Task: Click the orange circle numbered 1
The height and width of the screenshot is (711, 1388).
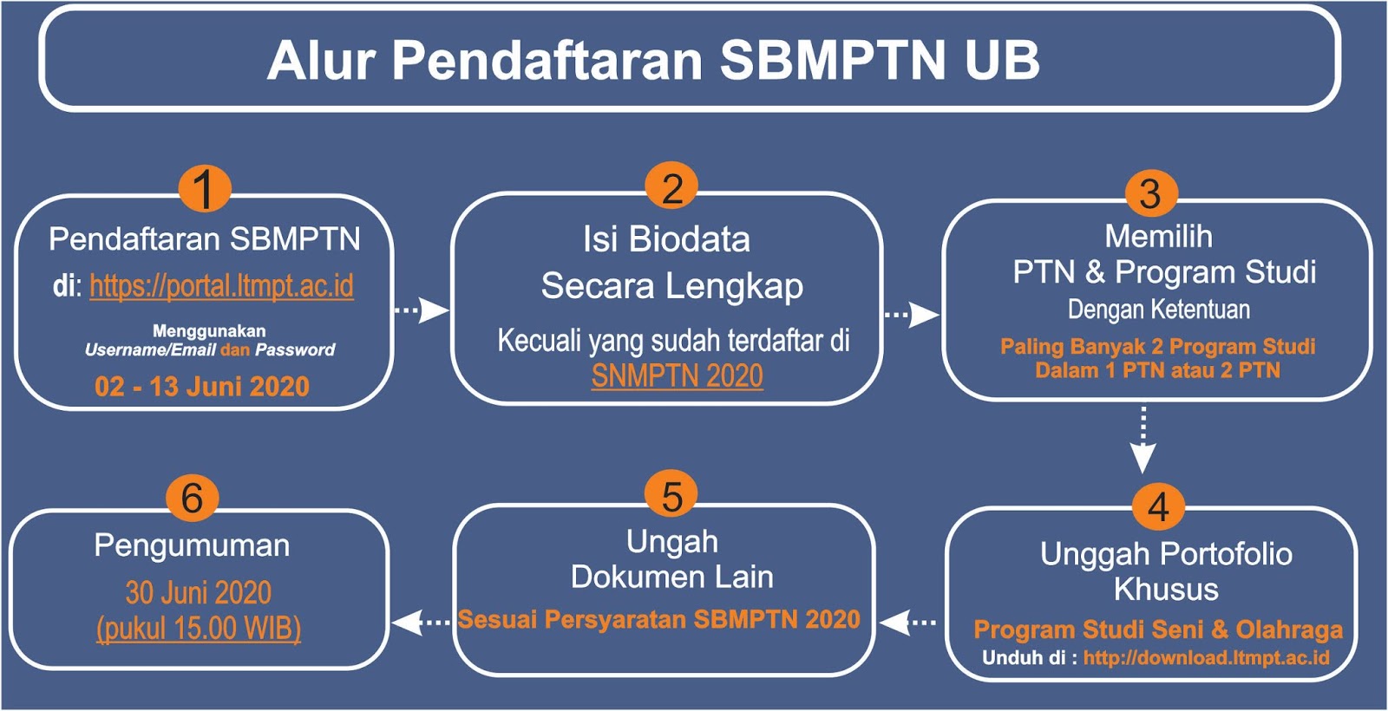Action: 204,188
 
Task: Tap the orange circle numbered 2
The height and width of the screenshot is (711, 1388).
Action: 671,186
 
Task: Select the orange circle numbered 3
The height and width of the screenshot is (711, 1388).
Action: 1149,193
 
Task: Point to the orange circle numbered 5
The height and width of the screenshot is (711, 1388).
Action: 671,495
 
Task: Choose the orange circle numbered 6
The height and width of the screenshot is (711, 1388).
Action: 192,497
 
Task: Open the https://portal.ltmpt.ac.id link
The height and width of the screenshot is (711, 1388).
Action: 221,286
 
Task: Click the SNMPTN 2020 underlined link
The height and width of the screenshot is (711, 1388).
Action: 677,376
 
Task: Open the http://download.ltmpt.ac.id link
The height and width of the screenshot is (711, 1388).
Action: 1206,658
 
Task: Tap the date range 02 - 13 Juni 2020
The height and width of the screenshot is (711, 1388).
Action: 202,386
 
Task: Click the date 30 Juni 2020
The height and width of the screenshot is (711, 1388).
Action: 199,592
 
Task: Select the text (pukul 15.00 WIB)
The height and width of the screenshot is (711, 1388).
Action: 199,628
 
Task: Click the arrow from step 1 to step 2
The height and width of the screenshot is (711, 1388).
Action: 422,310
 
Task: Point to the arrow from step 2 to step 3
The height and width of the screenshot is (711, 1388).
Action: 911,314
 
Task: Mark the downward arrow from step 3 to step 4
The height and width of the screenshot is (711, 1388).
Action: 1143,440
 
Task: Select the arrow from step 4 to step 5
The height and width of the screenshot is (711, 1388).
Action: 908,622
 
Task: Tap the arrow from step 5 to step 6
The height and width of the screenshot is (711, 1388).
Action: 421,622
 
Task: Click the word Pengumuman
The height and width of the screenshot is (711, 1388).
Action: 192,545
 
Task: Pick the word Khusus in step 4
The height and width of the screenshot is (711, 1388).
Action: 1166,590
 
